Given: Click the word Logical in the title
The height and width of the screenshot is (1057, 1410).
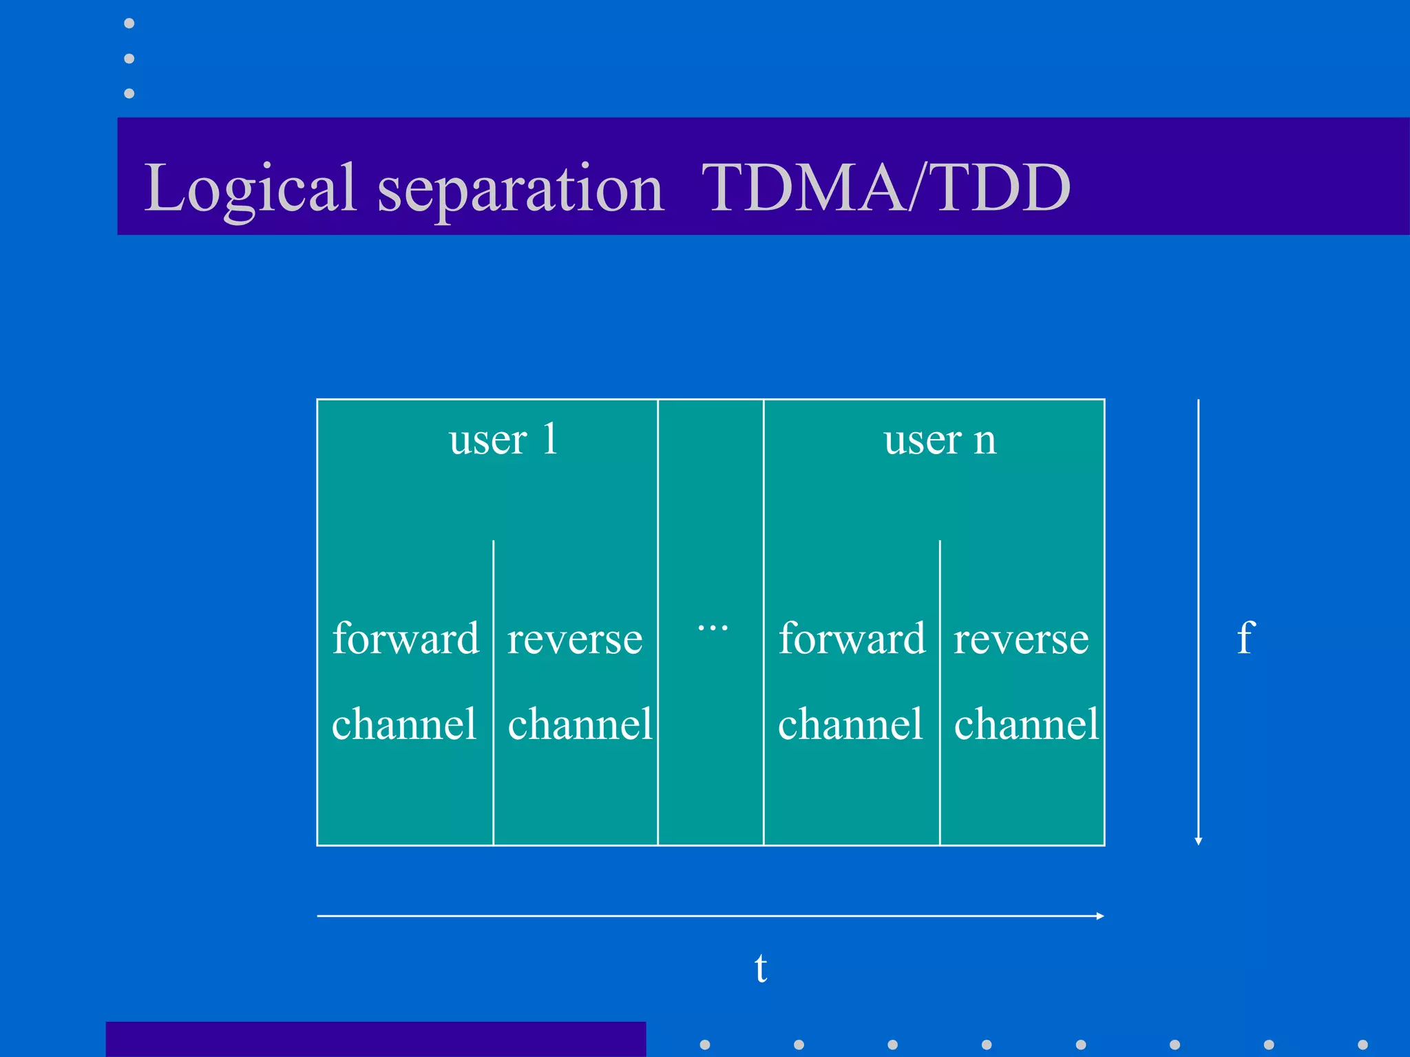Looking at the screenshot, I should (x=249, y=188).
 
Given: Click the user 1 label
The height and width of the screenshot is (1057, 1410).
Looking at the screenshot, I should (x=503, y=440).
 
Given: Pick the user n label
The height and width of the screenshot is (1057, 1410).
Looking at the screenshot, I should (x=940, y=440).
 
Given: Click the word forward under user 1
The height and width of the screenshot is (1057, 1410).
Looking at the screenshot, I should (x=405, y=638).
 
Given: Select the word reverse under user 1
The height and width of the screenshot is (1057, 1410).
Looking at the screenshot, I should (x=575, y=639).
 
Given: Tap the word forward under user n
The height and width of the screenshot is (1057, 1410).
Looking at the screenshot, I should (x=852, y=638).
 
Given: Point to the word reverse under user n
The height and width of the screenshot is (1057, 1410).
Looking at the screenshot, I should (x=1021, y=639).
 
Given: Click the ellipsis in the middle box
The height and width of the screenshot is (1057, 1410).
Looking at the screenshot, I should (x=713, y=627).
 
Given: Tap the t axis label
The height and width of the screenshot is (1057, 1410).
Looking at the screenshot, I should (x=760, y=968).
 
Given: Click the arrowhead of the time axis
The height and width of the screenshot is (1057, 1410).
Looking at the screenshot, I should (x=1100, y=916).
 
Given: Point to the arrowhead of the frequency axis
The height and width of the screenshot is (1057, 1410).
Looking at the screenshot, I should (x=1199, y=841).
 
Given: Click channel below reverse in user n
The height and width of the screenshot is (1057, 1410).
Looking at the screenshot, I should (x=1026, y=724).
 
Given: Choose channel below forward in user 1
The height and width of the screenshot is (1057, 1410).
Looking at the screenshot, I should (x=404, y=724).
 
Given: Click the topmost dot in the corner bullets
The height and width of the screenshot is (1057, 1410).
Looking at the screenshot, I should (x=129, y=23).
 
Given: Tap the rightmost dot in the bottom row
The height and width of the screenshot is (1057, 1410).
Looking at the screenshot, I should (x=1362, y=1045).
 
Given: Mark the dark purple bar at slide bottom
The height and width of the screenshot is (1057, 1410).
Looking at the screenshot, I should (x=375, y=1039).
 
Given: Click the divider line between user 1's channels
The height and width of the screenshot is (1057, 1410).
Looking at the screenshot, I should (x=493, y=688).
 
